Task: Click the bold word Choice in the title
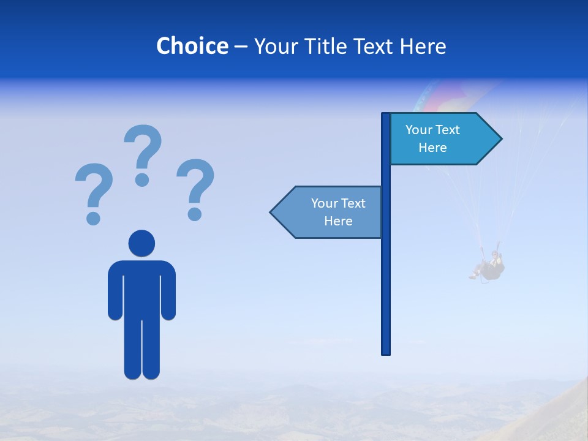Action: click(x=192, y=46)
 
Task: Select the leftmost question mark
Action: click(x=93, y=187)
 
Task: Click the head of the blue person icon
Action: click(x=141, y=243)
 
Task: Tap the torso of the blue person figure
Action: click(x=141, y=288)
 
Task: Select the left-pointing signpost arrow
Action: click(x=328, y=212)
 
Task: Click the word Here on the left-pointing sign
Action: click(x=338, y=221)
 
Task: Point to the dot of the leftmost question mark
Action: click(x=93, y=218)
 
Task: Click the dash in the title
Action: click(x=241, y=47)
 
